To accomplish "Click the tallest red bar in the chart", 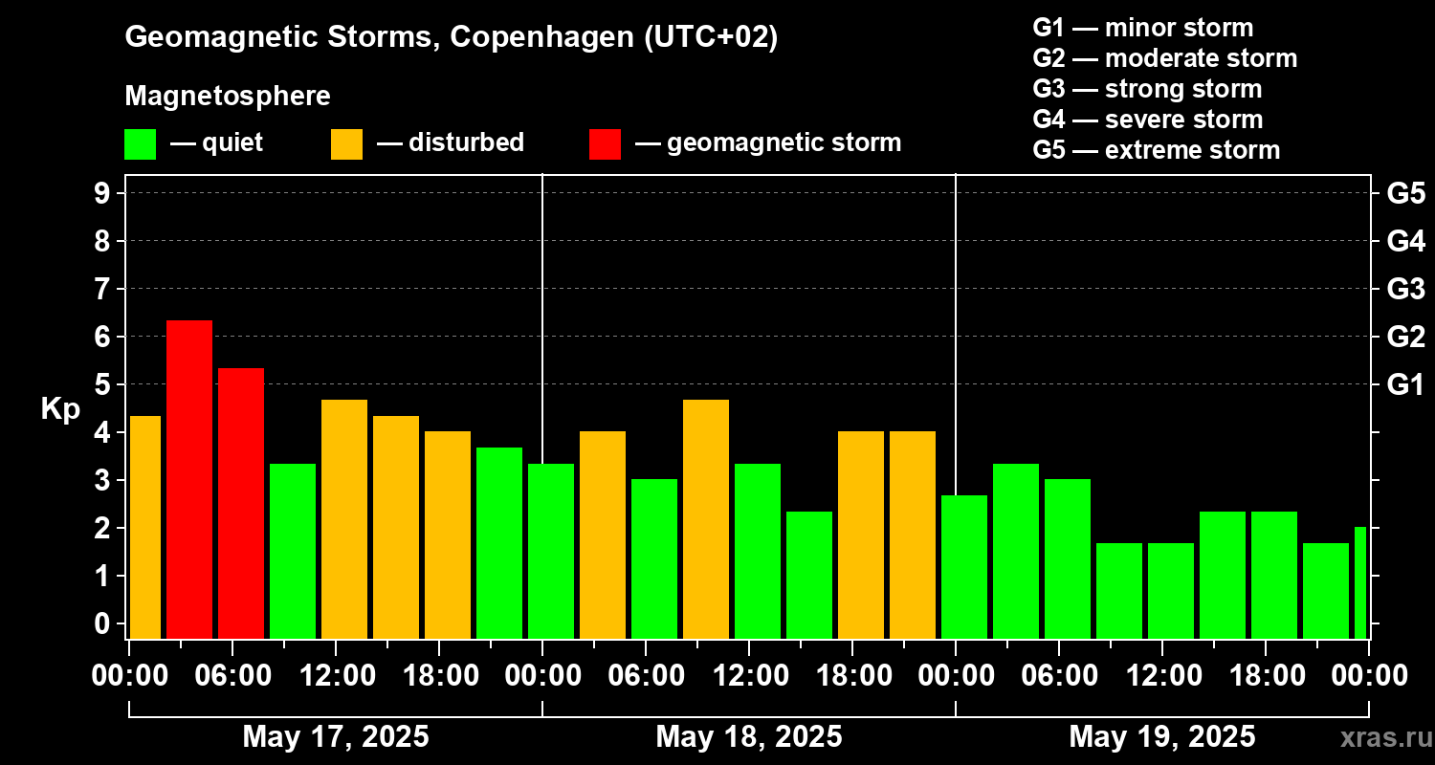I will pos(188,478).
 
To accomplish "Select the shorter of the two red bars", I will pos(240,502).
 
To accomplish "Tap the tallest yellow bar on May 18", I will pos(705,518).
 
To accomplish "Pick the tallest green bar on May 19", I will pos(1015,550).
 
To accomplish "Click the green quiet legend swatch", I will pos(140,144).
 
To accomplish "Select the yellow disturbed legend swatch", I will pos(346,144).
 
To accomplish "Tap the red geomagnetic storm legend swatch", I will pos(605,144).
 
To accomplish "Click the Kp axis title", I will pos(60,409).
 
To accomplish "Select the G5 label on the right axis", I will pos(1405,193).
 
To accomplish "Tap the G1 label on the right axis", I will pos(1405,385).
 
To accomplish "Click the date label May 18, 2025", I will pos(748,737).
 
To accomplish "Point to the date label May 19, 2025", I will pos(1161,737).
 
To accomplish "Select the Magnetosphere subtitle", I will pos(228,97).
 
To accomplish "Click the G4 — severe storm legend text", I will pos(1147,120).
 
